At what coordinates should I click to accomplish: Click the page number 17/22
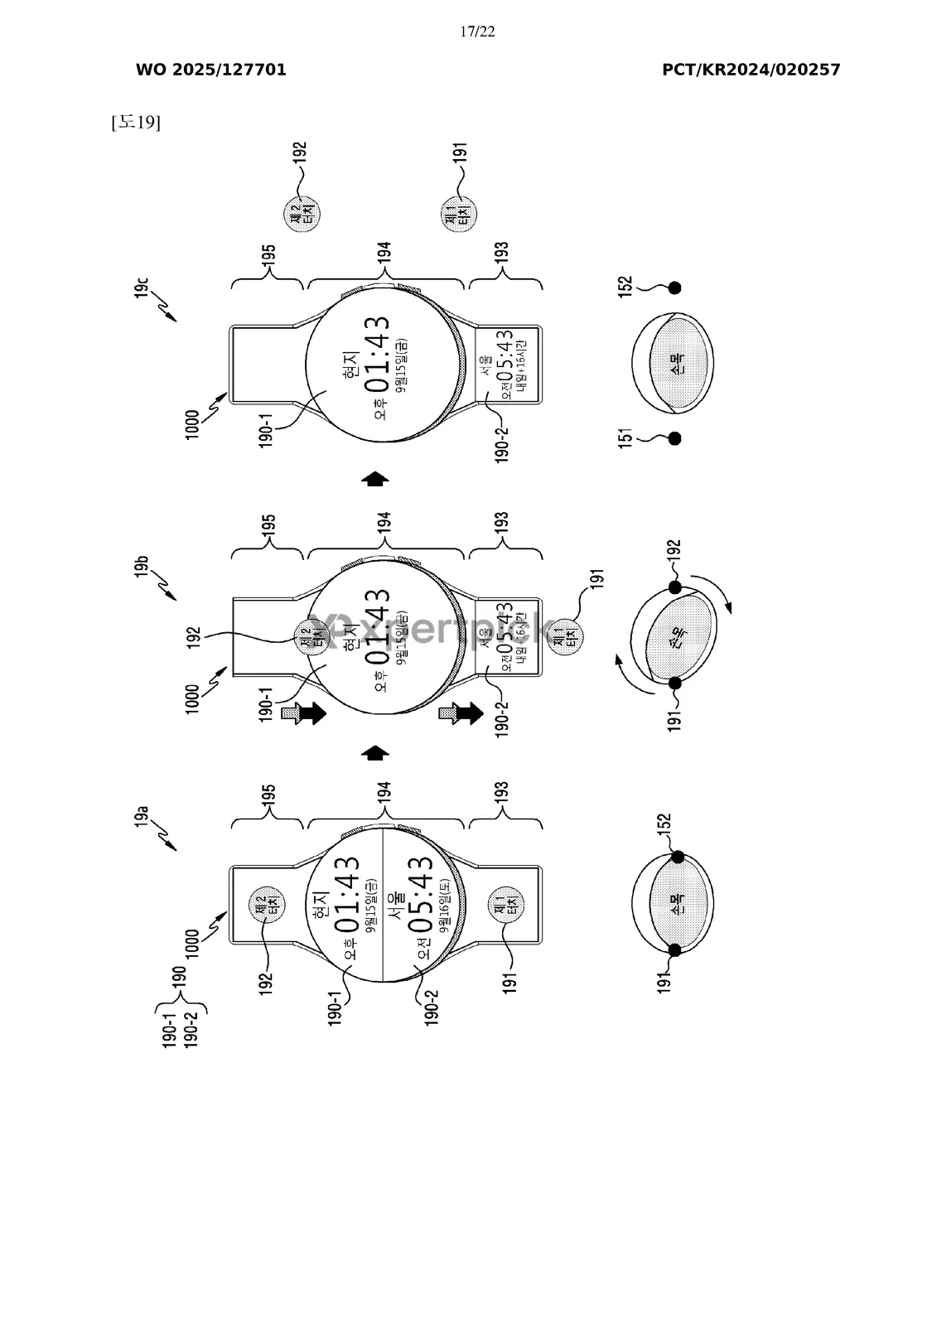(477, 32)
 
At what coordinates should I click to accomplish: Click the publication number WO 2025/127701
(211, 70)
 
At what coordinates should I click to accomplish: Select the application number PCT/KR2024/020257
(751, 70)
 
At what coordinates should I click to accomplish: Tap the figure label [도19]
(135, 123)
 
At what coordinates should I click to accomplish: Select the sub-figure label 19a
(142, 817)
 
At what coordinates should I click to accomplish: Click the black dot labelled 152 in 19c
(674, 288)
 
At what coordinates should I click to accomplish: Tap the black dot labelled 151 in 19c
(674, 438)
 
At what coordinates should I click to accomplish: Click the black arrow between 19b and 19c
(376, 478)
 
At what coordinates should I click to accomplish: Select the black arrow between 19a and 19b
(376, 752)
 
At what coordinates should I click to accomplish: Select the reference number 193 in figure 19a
(501, 796)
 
